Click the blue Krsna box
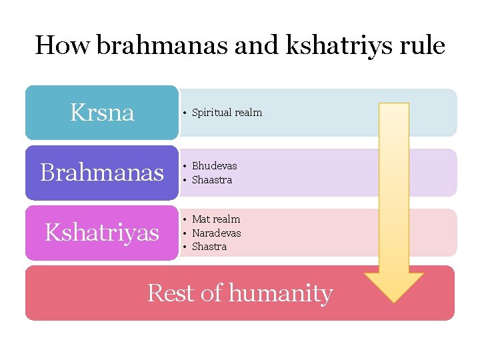click(102, 113)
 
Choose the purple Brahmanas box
click(102, 173)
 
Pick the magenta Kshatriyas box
click(102, 233)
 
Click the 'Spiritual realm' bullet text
click(227, 113)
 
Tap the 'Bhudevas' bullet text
click(214, 166)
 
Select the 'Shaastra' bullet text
click(212, 180)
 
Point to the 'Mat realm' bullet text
click(216, 219)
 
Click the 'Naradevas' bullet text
click(216, 233)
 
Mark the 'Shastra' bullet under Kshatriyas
click(209, 247)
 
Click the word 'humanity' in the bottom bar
click(281, 293)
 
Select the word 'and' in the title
click(240, 45)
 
